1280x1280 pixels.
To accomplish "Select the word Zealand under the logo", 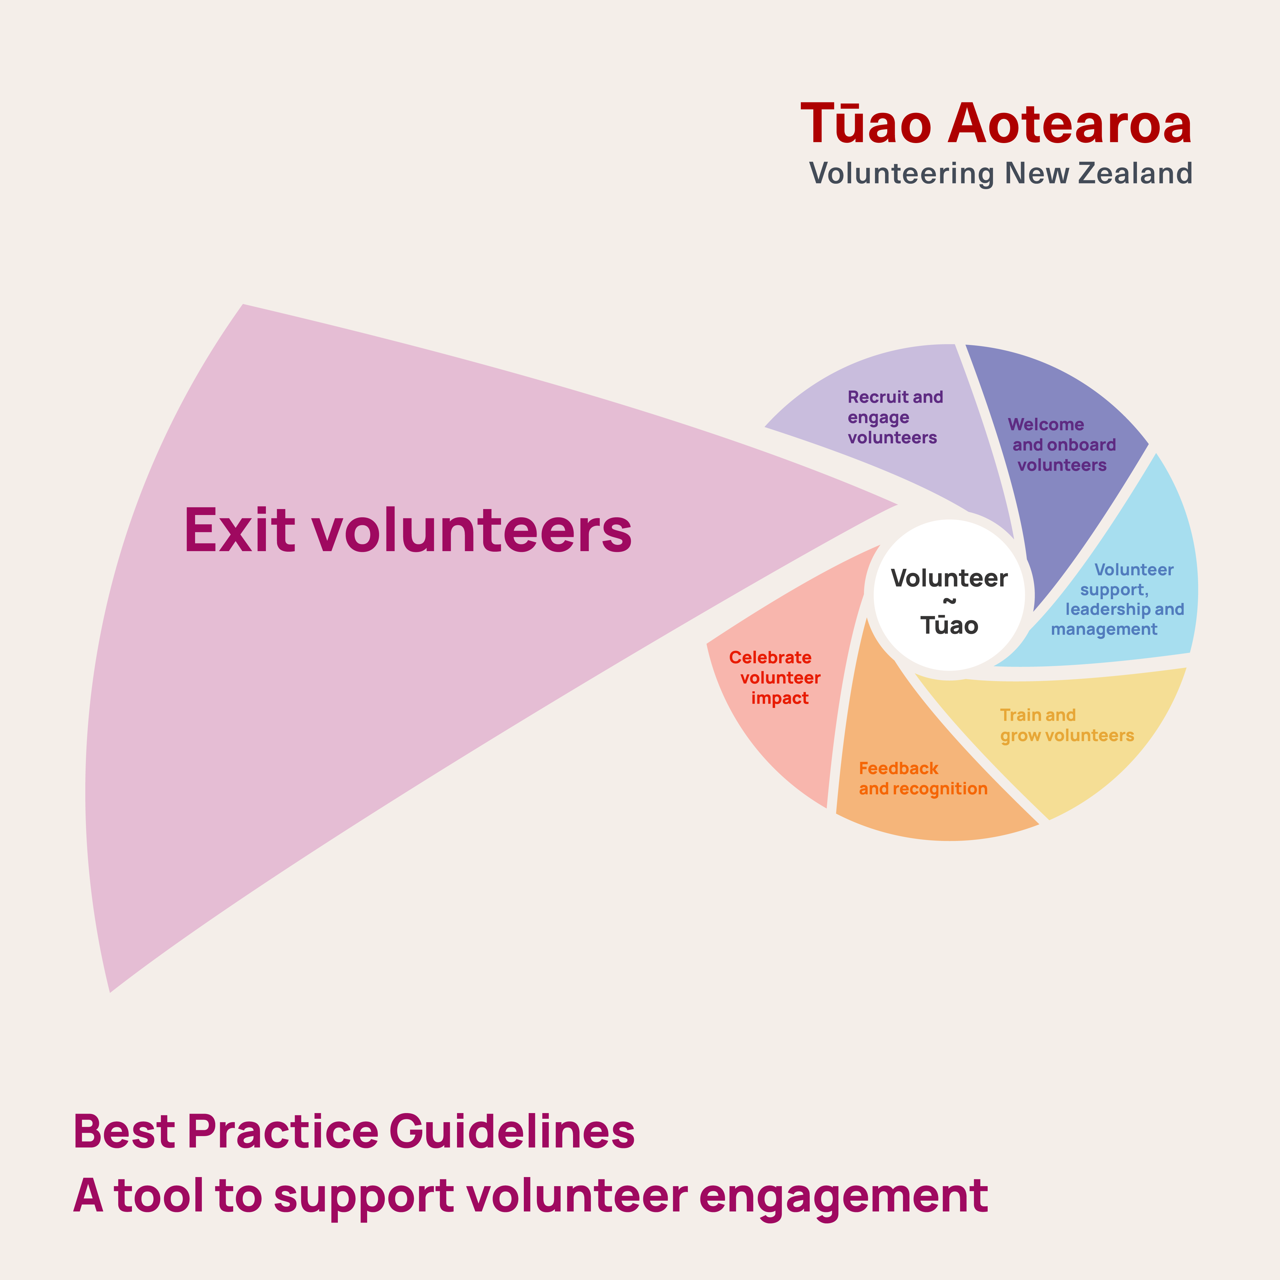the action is pyautogui.click(x=1136, y=173).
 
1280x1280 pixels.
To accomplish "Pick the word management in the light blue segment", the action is pyautogui.click(x=1104, y=629).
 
